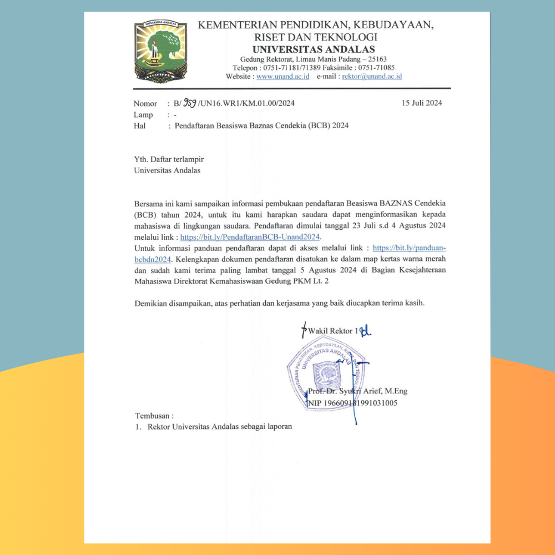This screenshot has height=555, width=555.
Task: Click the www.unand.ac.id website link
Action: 283,77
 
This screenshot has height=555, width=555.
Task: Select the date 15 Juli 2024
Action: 422,103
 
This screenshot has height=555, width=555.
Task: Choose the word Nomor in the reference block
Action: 145,104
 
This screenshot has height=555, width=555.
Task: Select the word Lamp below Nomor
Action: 143,115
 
